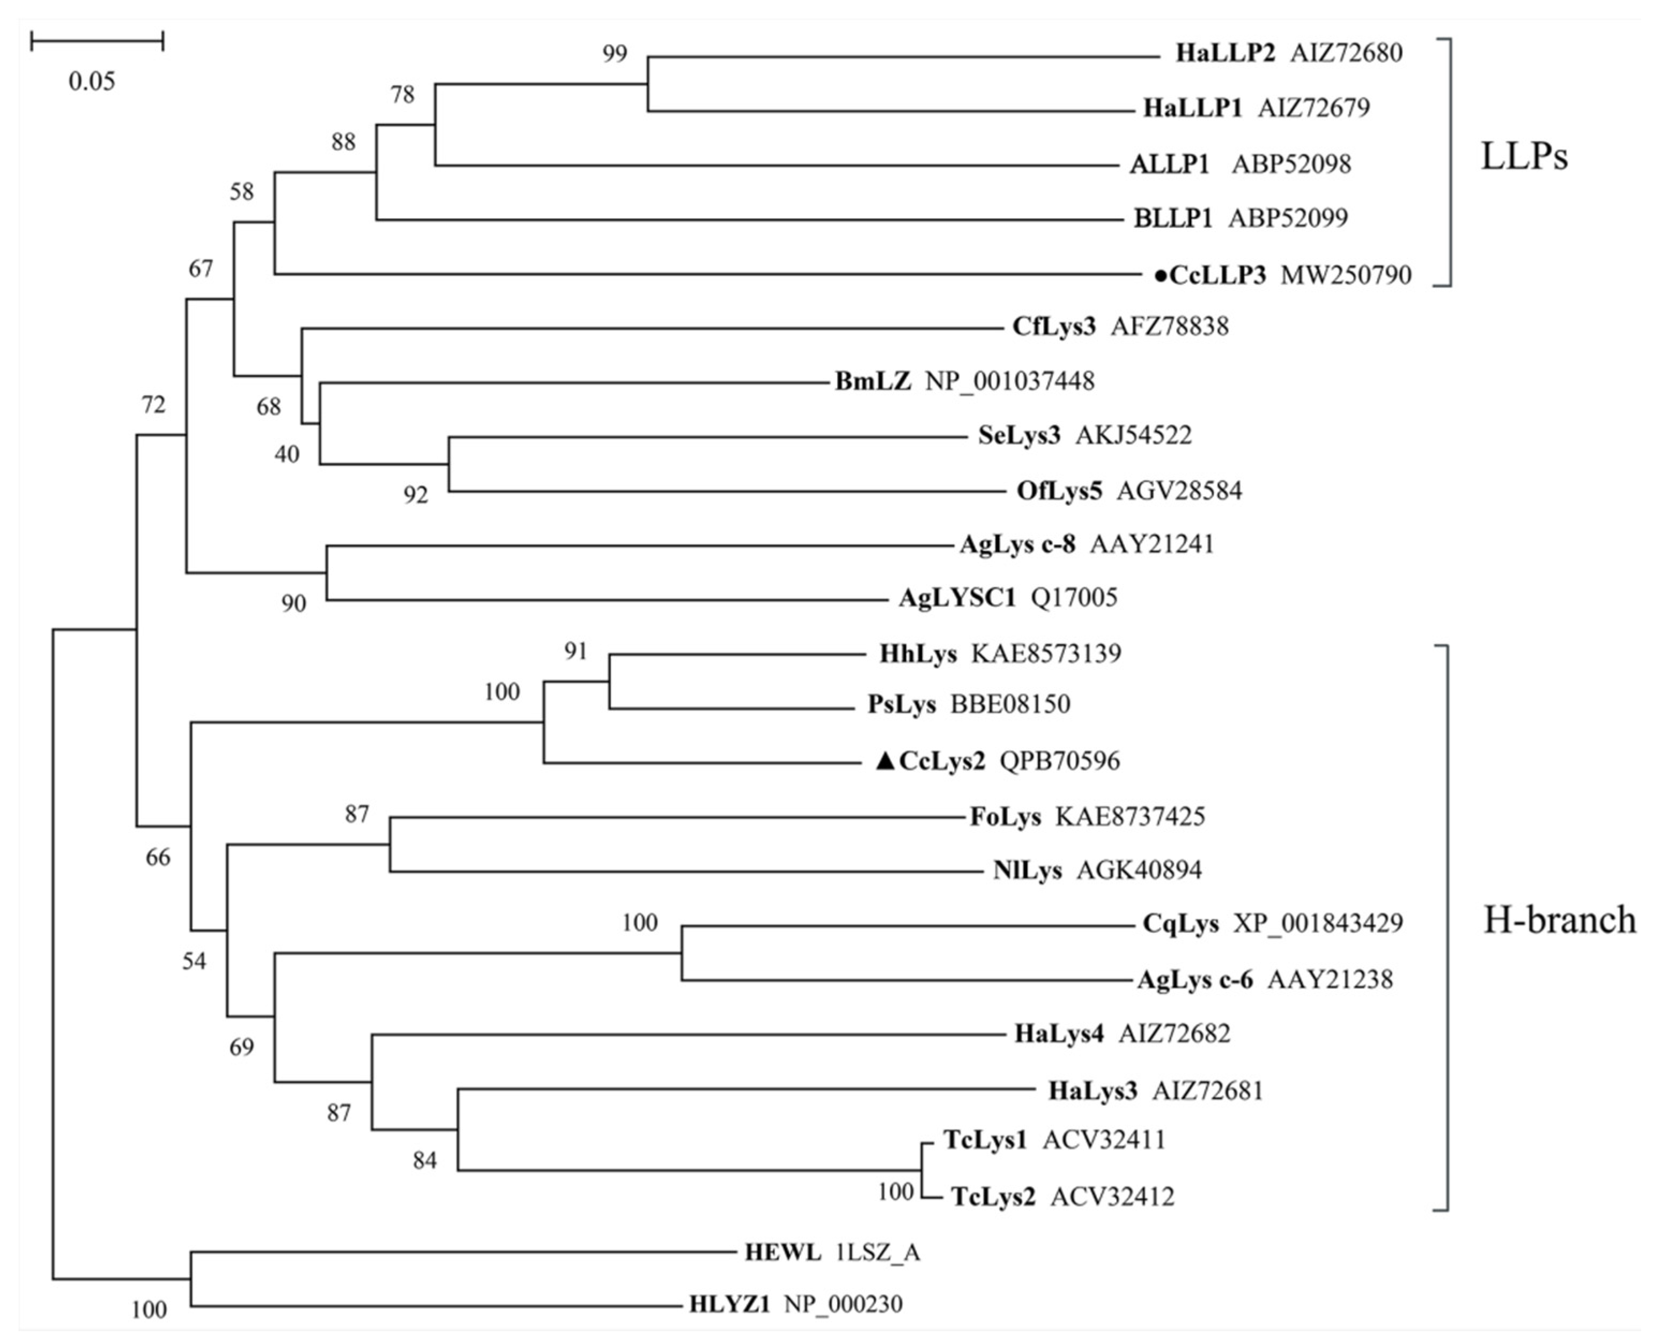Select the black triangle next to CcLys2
(885, 762)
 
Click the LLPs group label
(1523, 157)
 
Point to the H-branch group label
(1559, 920)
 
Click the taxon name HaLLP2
(1225, 54)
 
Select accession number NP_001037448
(1010, 382)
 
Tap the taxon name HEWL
(782, 1252)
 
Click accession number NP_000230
(843, 1304)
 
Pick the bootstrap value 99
(615, 54)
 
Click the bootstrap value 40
(286, 454)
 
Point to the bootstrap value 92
(416, 494)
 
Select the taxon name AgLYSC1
(957, 597)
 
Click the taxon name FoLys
(1006, 817)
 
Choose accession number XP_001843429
(1317, 924)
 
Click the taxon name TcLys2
(993, 1197)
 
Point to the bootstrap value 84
(424, 1161)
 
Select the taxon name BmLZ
(872, 382)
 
